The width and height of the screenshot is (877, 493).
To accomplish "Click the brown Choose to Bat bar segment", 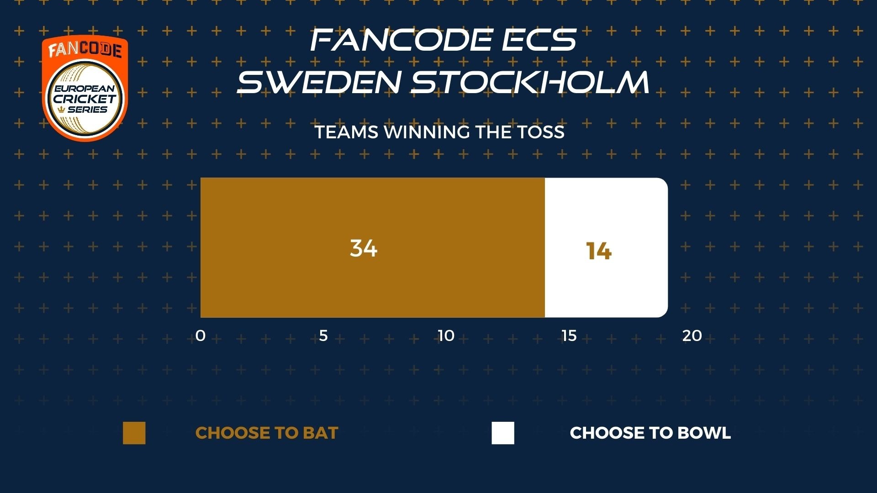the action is click(x=373, y=247).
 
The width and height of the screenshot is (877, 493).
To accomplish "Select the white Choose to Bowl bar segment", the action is click(x=606, y=247).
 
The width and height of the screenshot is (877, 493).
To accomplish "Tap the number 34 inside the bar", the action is click(x=364, y=248).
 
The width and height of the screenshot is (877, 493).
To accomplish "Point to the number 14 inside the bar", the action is click(x=599, y=251).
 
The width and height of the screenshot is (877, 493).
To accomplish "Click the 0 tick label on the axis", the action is click(x=201, y=336).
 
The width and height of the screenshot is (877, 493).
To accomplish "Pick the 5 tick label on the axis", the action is click(x=323, y=336).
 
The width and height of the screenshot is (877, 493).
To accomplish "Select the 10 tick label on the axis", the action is click(x=446, y=336).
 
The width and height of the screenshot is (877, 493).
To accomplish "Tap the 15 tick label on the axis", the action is click(x=569, y=336).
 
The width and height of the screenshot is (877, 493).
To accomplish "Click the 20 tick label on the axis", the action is click(x=692, y=336).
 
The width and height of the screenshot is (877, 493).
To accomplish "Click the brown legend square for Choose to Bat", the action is click(x=134, y=433).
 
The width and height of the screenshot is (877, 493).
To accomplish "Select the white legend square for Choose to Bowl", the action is click(x=503, y=433).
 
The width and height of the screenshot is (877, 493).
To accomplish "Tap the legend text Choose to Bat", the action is click(x=267, y=433).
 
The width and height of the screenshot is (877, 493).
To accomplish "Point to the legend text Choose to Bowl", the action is click(x=650, y=433).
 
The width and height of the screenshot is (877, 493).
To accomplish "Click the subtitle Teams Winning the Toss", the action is click(x=440, y=132).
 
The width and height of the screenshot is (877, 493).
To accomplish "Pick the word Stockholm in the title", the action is click(x=530, y=82).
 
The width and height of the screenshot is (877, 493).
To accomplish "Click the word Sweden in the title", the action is click(x=319, y=82).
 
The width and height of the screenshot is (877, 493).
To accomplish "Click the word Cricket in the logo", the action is click(x=85, y=99).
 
